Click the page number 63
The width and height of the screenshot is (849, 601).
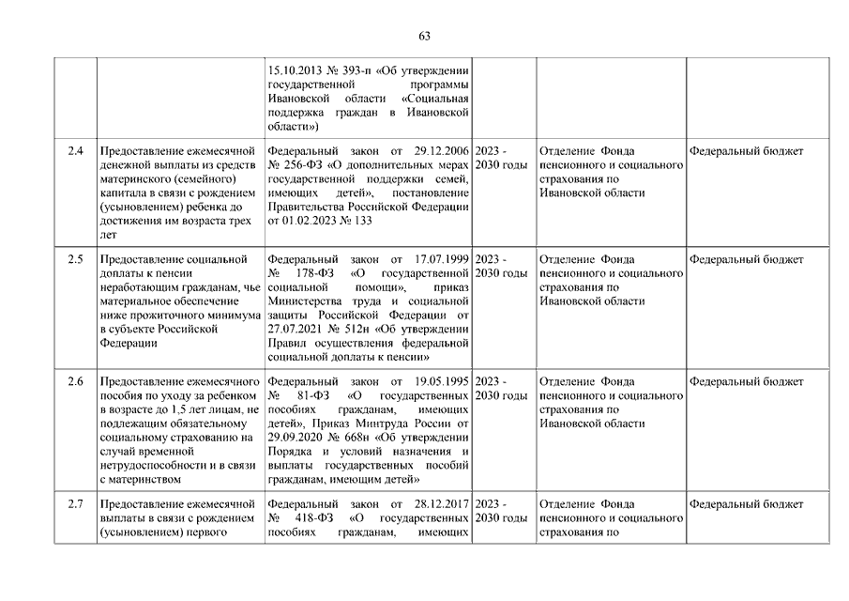(424, 37)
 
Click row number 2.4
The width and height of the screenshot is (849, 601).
(76, 150)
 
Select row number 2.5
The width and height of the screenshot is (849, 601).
(76, 259)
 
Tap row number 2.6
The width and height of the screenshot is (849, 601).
(76, 382)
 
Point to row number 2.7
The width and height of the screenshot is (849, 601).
(76, 504)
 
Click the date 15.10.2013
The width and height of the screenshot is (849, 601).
(295, 69)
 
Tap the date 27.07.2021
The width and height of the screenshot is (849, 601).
(296, 329)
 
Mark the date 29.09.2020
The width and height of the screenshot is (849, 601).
(296, 438)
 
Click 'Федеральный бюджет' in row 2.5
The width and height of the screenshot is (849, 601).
(746, 259)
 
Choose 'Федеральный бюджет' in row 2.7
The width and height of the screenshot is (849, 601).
(746, 504)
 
